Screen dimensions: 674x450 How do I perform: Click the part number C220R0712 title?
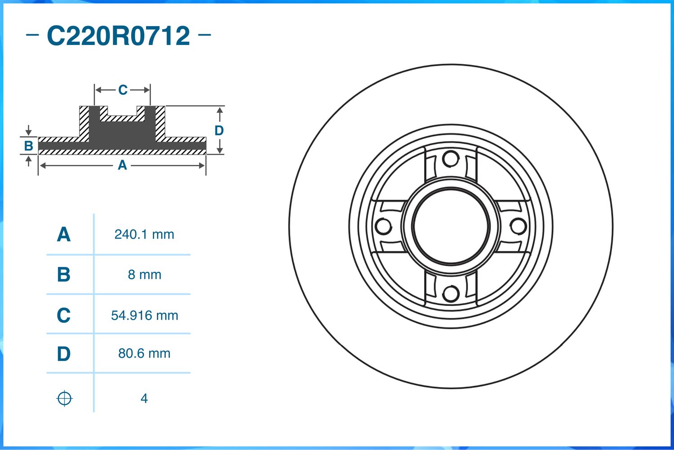[x=118, y=36]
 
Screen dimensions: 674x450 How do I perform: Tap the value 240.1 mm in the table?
[x=144, y=235]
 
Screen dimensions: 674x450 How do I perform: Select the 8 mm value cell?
[x=144, y=275]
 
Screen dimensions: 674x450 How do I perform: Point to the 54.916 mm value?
[x=144, y=316]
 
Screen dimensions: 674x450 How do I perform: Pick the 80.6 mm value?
[x=144, y=353]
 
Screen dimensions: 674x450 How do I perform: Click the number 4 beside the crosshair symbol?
[x=144, y=399]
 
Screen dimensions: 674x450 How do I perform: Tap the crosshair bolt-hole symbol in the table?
[x=64, y=399]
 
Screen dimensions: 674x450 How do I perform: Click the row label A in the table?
[x=64, y=235]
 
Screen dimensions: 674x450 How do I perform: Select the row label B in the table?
[x=63, y=275]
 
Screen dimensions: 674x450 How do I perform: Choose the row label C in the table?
[x=63, y=315]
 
